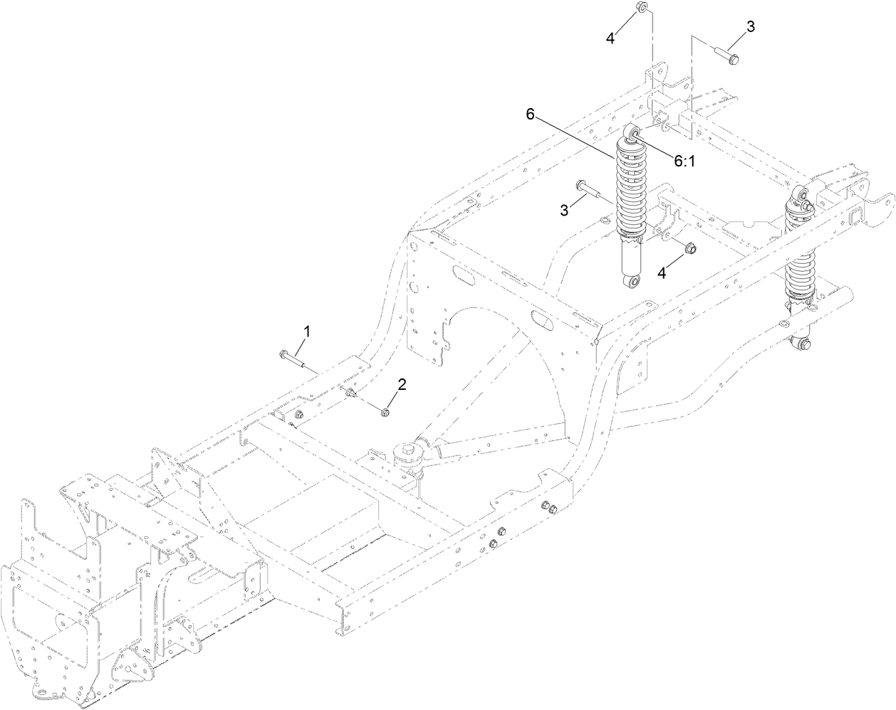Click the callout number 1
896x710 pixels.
tap(308, 332)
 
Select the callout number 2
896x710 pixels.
tap(402, 385)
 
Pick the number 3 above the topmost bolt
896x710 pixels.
tap(751, 26)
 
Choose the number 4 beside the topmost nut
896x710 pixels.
tap(610, 38)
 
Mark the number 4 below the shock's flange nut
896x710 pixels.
tap(662, 272)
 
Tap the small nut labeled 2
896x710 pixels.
tap(385, 411)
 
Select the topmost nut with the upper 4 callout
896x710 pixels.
tap(639, 8)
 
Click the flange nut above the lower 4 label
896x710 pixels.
tap(689, 248)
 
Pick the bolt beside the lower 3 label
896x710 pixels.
tap(585, 188)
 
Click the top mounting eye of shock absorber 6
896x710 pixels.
tap(633, 134)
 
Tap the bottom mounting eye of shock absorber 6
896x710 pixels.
tap(631, 283)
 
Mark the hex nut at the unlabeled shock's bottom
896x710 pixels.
tap(804, 345)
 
